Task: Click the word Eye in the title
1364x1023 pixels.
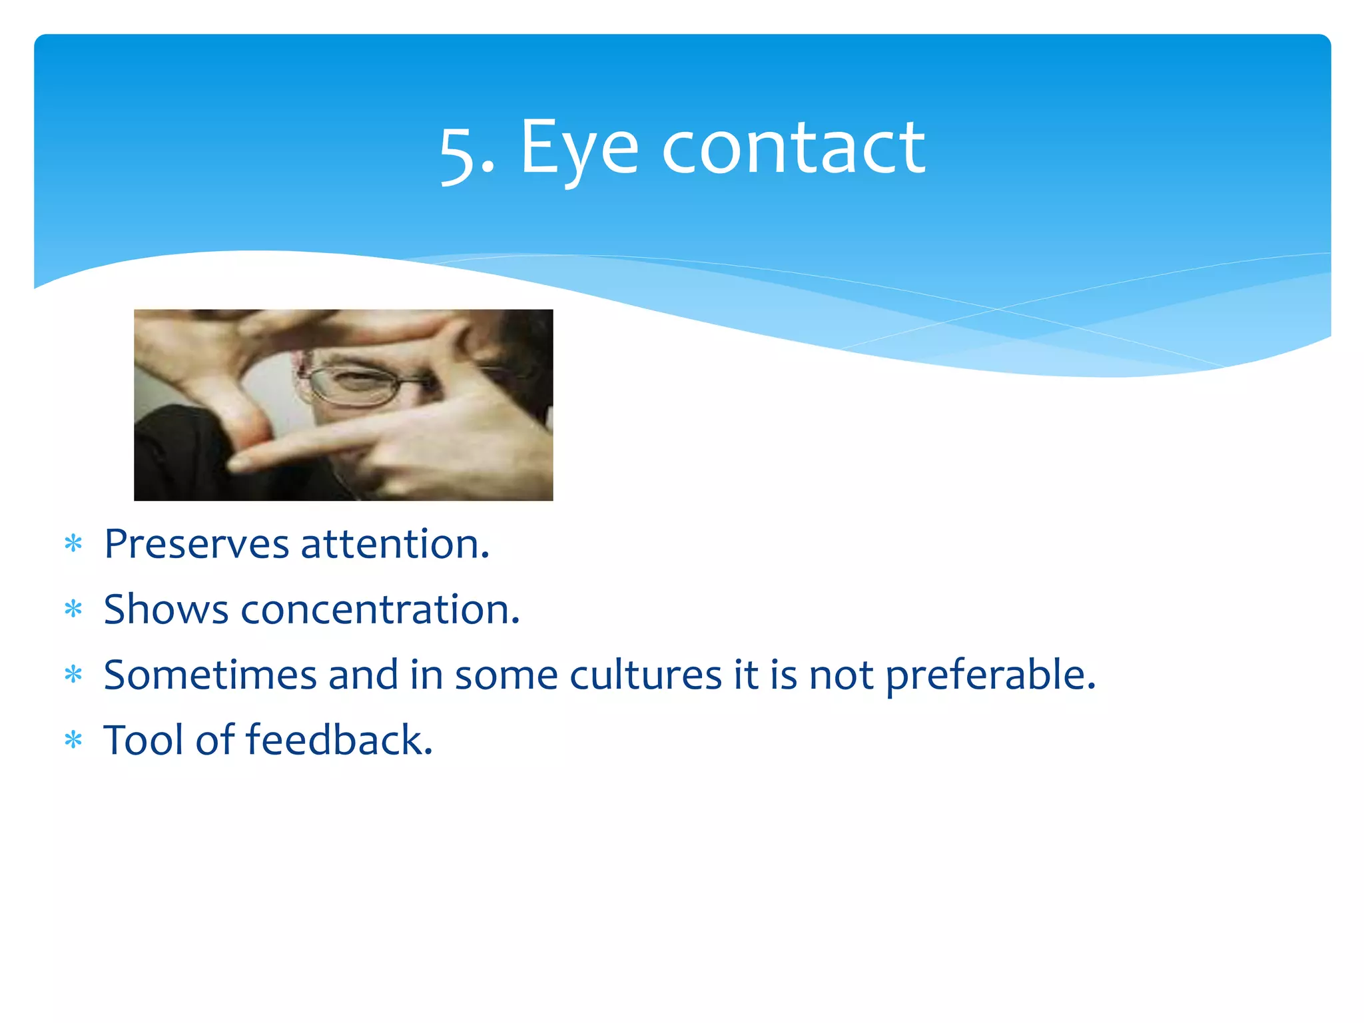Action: [x=578, y=149]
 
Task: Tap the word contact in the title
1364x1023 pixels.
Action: [x=793, y=149]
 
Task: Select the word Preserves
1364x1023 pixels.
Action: [x=196, y=544]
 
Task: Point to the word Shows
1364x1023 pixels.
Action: [x=166, y=609]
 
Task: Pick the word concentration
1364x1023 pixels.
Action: [x=380, y=609]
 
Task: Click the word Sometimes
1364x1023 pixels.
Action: [x=210, y=675]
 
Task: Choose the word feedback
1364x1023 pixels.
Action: [x=339, y=740]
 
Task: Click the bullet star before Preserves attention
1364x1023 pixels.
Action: [x=73, y=544]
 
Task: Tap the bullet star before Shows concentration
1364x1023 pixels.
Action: [x=73, y=609]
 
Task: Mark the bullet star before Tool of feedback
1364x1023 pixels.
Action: [x=73, y=740]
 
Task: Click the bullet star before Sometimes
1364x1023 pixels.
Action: [x=73, y=675]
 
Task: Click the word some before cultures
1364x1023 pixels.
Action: [x=506, y=676]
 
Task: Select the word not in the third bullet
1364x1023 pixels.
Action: [x=841, y=676]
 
